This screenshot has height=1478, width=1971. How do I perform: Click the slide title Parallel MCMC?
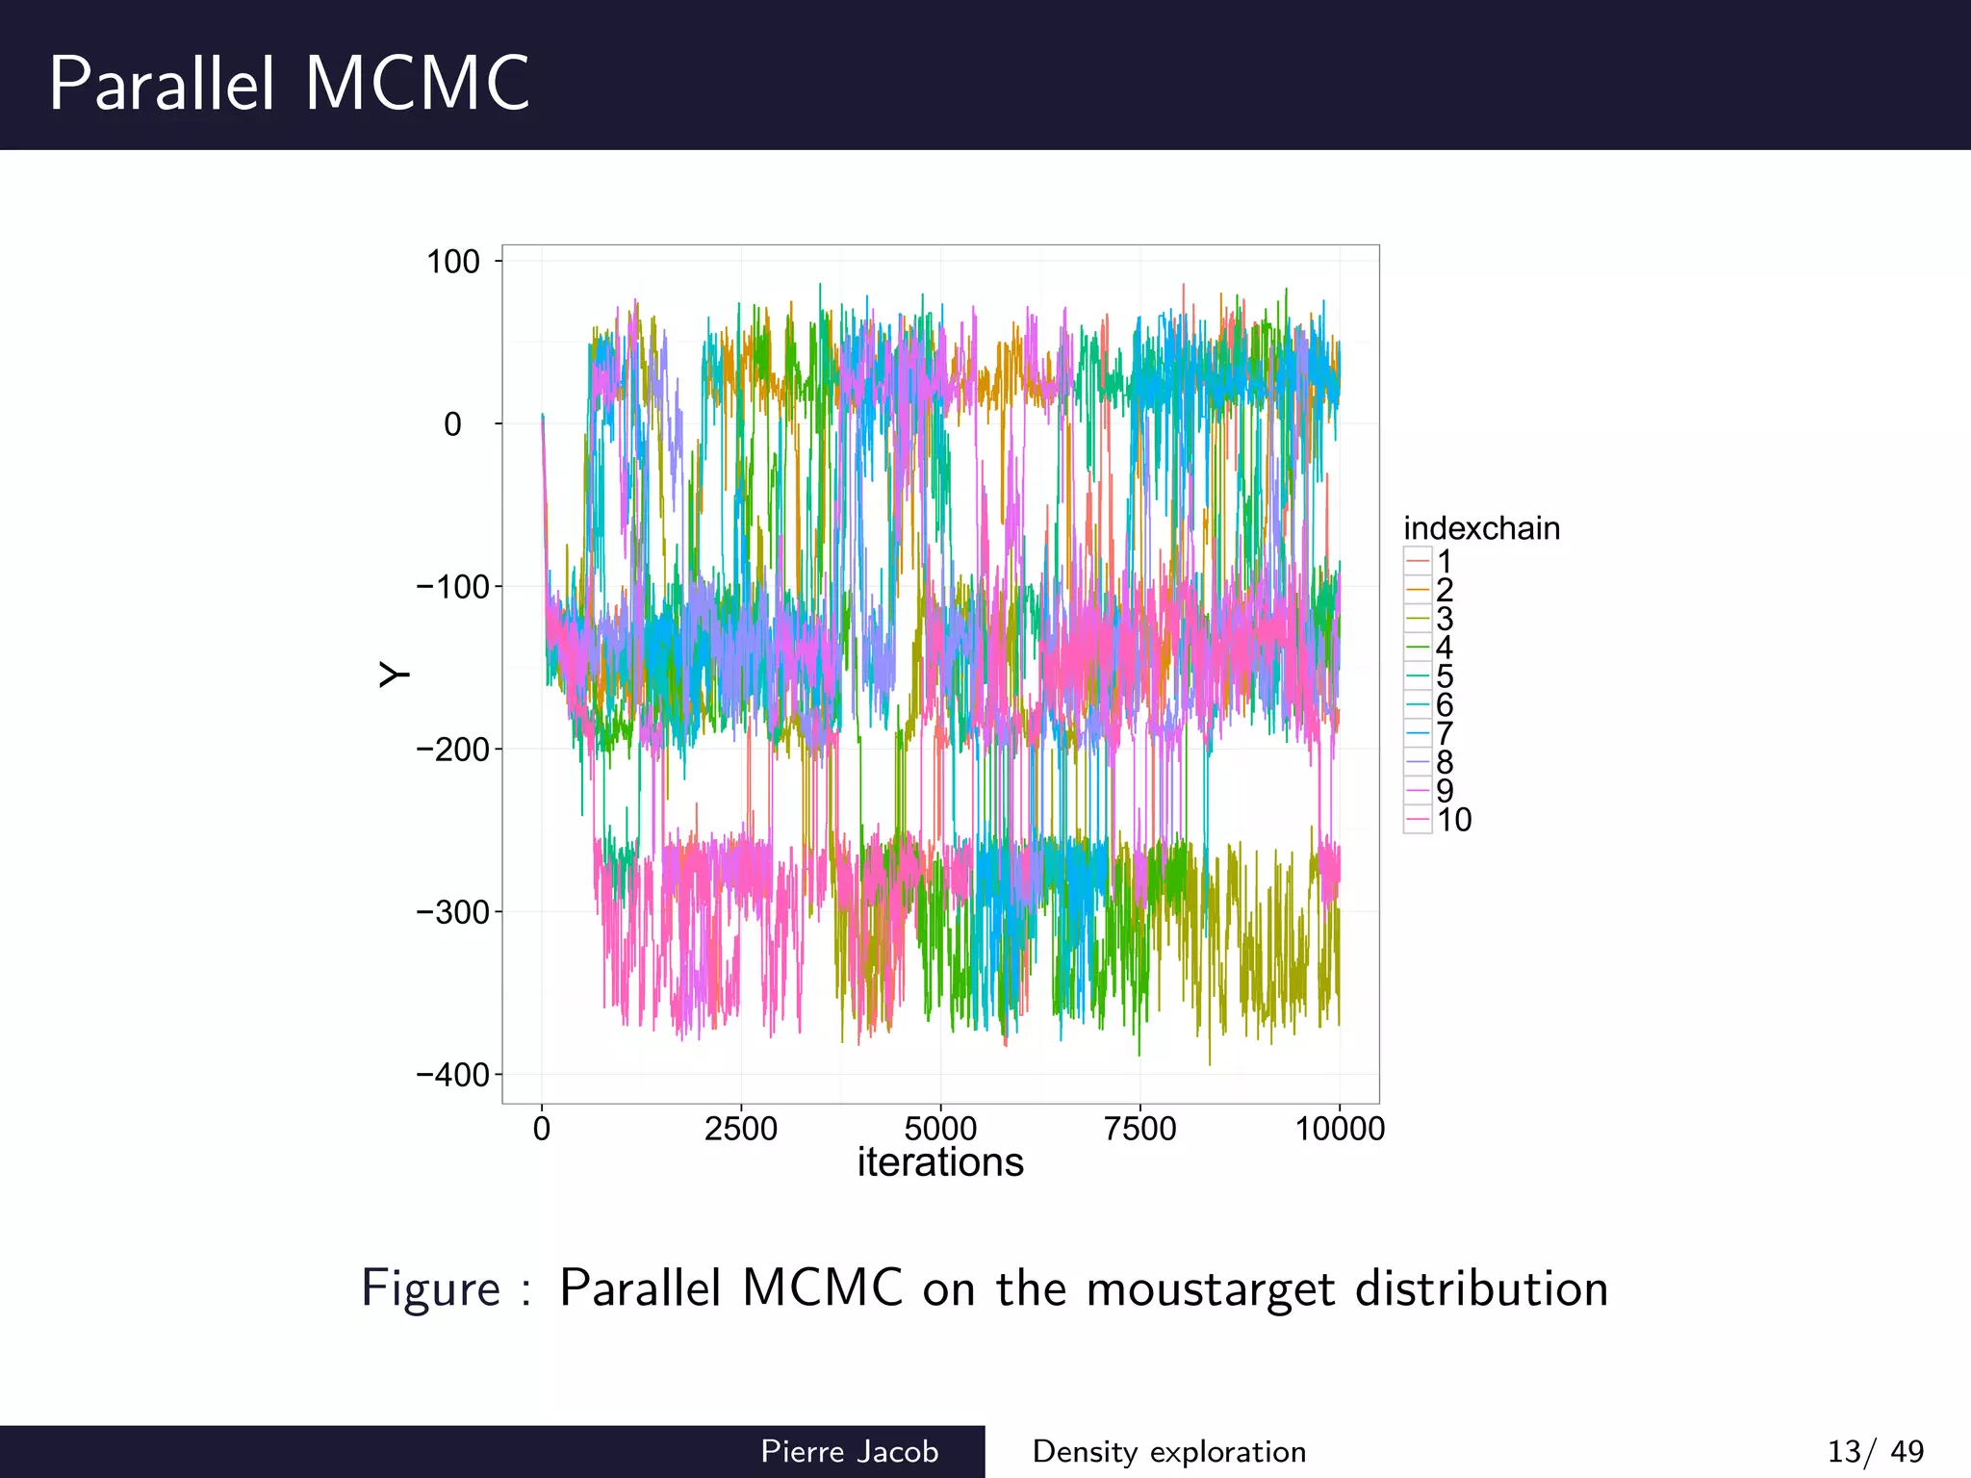tap(289, 84)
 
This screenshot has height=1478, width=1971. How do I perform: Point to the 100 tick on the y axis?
tap(452, 262)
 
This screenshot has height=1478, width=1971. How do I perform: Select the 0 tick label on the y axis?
tap(452, 424)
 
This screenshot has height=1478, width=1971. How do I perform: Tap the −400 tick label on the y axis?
tap(452, 1075)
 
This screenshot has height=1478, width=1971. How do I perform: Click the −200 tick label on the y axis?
tap(452, 750)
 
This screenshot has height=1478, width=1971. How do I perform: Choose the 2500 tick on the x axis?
tap(740, 1129)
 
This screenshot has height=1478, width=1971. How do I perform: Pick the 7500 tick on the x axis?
tap(1139, 1129)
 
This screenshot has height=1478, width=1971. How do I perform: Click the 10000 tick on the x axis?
tap(1340, 1129)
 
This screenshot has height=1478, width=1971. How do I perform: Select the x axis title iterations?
tap(940, 1162)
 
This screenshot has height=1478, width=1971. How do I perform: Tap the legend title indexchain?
tap(1481, 528)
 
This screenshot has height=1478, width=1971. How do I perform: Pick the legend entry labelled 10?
tap(1438, 820)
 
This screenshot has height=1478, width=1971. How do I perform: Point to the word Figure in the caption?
tap(430, 1288)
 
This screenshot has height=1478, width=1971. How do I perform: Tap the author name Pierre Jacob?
tap(849, 1451)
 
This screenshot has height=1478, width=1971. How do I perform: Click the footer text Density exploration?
tap(1168, 1451)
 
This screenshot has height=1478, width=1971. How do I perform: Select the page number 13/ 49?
tap(1875, 1451)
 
